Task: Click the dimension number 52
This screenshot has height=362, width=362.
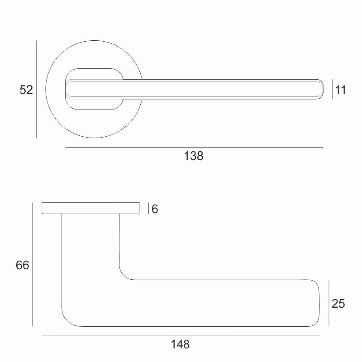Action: (x=26, y=90)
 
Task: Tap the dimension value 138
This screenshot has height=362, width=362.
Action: (x=193, y=156)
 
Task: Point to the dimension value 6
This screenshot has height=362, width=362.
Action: (x=155, y=209)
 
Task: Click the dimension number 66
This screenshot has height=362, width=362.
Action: (x=23, y=265)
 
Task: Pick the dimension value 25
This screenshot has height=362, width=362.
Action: (x=338, y=303)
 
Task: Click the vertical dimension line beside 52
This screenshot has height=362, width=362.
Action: (x=36, y=89)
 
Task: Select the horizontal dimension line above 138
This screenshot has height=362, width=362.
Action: (x=194, y=147)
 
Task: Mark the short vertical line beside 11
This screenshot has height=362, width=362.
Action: (x=332, y=89)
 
